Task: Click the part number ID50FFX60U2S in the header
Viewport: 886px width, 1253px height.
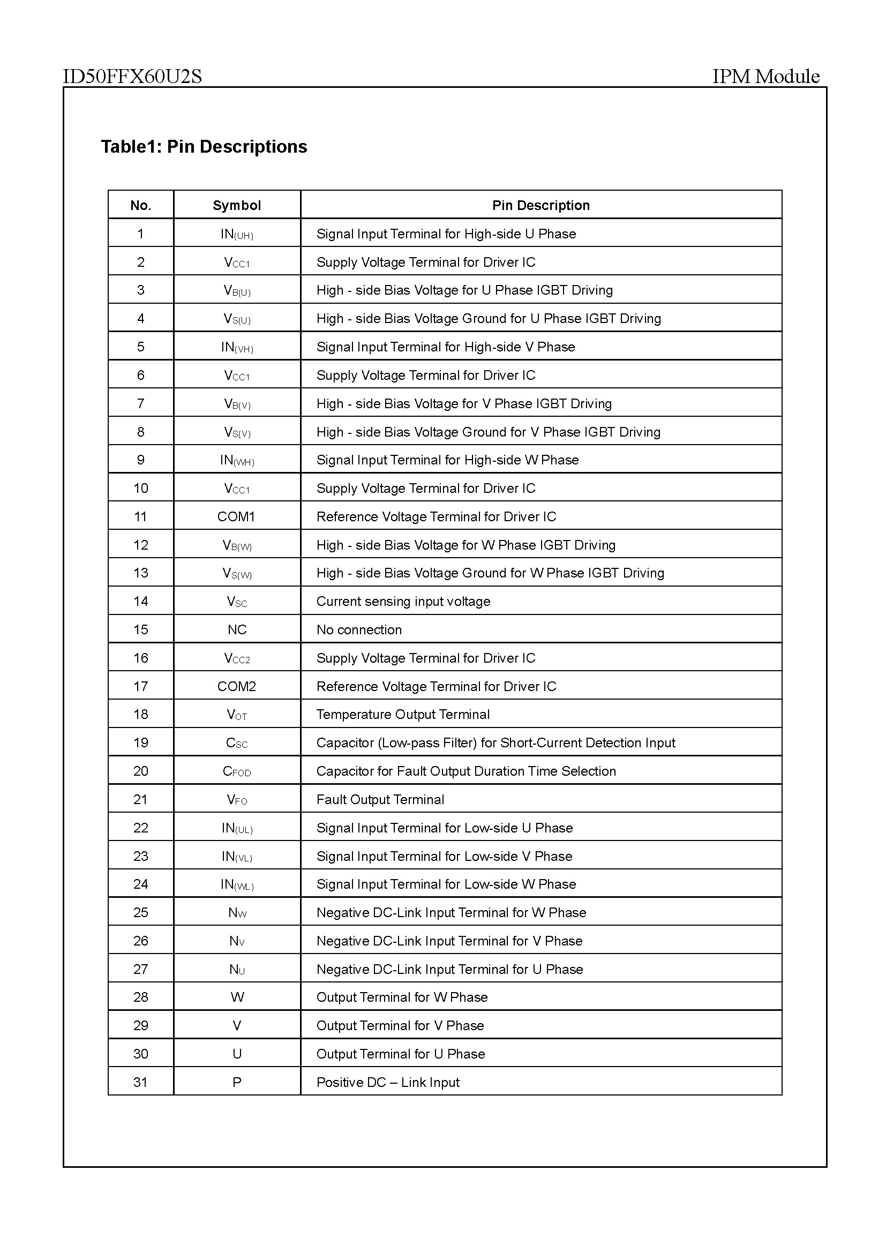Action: click(132, 77)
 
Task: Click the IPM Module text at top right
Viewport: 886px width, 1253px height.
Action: click(765, 77)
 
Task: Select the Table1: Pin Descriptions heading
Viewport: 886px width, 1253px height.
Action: click(204, 147)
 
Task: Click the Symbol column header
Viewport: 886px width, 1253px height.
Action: click(237, 205)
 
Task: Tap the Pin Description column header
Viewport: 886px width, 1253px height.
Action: click(540, 205)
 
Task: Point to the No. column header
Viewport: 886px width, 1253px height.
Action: click(141, 205)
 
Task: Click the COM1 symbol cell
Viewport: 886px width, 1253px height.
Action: click(236, 516)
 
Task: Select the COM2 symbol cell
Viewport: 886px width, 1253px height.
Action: click(236, 686)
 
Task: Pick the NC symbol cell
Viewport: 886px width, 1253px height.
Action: click(237, 629)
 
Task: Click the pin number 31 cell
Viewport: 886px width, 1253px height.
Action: click(141, 1082)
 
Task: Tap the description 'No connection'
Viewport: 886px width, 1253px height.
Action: click(359, 629)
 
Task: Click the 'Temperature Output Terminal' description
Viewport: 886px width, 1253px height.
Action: click(403, 715)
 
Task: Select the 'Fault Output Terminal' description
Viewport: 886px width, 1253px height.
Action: click(380, 799)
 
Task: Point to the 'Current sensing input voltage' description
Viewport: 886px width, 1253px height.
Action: click(403, 602)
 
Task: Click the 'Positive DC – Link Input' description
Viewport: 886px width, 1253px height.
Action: click(388, 1082)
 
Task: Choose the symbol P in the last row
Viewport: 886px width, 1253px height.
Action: click(237, 1082)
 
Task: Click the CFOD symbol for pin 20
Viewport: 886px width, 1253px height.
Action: click(237, 771)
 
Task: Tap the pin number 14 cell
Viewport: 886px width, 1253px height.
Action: click(141, 602)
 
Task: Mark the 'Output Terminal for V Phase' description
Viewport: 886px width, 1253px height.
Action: click(400, 1025)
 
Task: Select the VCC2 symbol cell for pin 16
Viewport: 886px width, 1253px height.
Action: click(237, 658)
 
